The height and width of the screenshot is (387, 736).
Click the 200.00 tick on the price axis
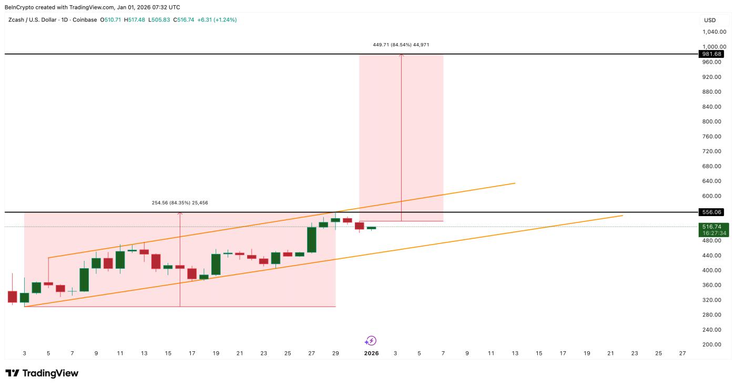714,344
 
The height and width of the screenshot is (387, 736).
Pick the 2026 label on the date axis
371,354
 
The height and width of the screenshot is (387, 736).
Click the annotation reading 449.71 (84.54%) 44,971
401,45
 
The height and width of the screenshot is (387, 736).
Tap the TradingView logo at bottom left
42,373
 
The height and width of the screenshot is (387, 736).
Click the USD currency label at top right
710,20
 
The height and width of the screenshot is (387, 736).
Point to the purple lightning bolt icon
371,341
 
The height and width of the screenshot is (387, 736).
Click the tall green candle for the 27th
312,240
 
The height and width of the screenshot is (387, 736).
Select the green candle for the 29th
335,220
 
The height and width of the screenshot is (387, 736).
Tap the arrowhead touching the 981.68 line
402,55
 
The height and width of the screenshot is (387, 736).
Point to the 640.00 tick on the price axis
714,181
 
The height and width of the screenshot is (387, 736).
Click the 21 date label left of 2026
240,354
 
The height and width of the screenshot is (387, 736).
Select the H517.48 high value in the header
137,20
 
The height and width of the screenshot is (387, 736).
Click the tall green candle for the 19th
216,264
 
